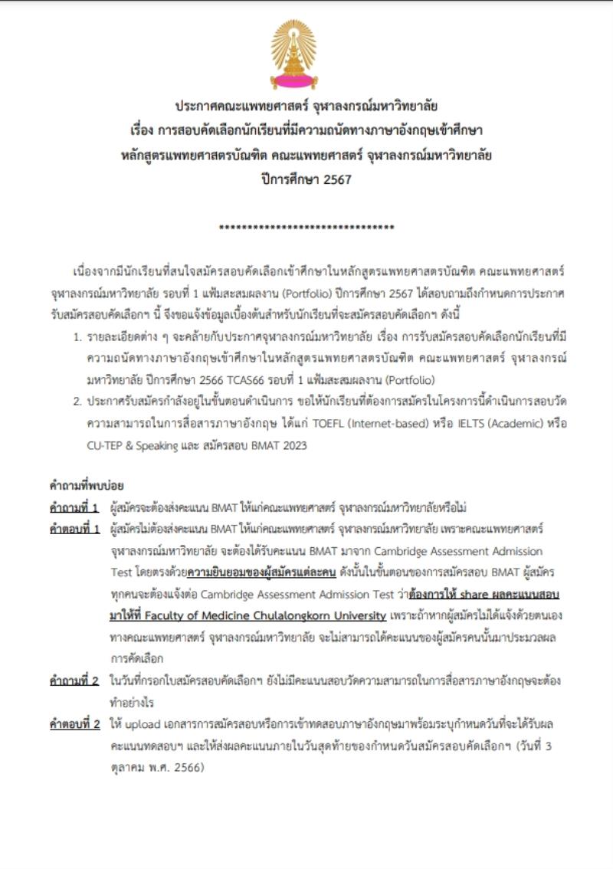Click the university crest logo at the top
point(293,54)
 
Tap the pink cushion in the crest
point(293,79)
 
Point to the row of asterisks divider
point(306,228)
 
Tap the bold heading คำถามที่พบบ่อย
point(87,485)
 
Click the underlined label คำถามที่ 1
point(74,507)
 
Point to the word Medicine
point(221,615)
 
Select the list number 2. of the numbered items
point(77,401)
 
